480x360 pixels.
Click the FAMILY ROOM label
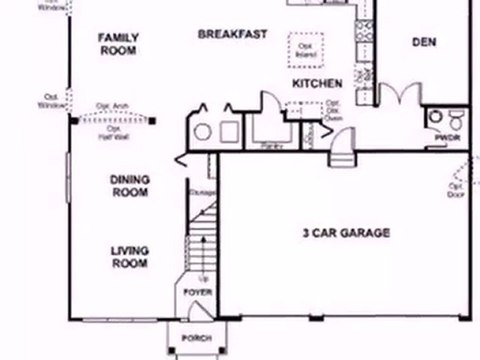click(117, 43)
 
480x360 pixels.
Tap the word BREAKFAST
click(232, 34)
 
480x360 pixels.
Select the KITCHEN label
click(318, 84)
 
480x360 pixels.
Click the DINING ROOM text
click(130, 186)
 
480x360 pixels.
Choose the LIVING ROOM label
click(129, 258)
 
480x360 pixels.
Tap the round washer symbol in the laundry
click(204, 130)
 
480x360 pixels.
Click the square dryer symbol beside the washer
click(229, 130)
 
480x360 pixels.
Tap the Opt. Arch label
click(110, 104)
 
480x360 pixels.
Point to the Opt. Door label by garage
click(455, 189)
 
